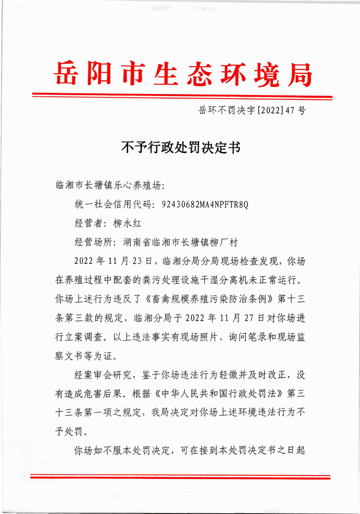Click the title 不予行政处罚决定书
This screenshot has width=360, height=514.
tap(180, 147)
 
